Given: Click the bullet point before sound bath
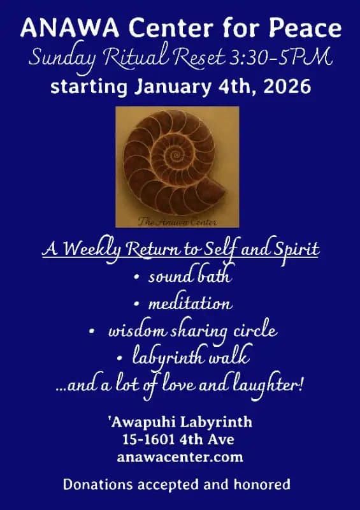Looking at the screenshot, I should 137,278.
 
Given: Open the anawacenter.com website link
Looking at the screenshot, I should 180,456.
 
